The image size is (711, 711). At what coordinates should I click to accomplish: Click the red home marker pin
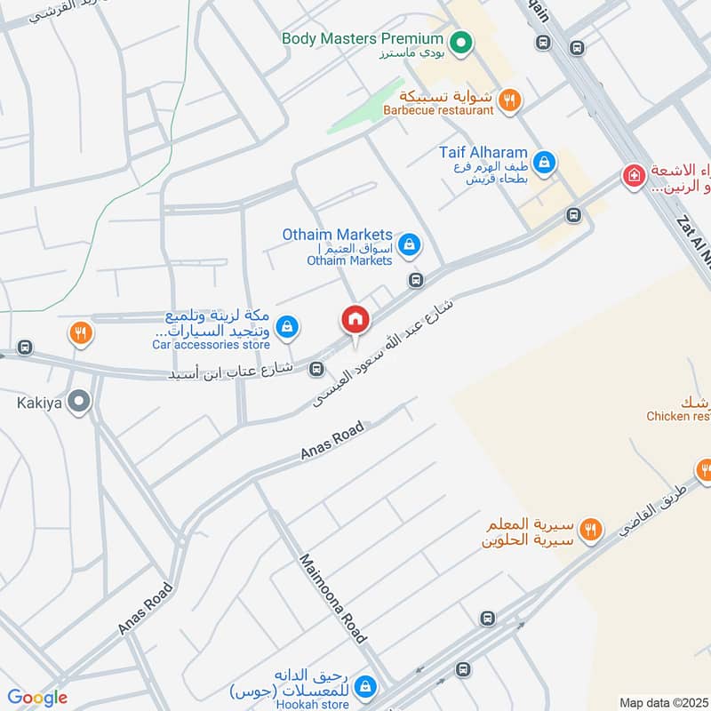click(355, 318)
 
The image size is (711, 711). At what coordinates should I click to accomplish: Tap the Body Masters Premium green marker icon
click(460, 41)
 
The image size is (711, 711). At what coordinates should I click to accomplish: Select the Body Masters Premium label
click(362, 39)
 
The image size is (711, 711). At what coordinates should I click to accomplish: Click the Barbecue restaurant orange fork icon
click(508, 100)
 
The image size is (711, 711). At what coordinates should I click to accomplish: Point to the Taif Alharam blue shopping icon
click(545, 163)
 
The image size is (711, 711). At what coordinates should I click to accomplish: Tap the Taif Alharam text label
click(483, 152)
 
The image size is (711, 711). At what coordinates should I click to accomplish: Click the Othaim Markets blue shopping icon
click(409, 244)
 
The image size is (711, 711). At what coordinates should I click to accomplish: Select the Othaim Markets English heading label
click(337, 234)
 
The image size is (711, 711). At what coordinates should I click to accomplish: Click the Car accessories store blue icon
click(286, 328)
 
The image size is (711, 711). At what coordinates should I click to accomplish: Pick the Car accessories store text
click(211, 343)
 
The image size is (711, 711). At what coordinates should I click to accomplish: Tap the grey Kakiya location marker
click(80, 403)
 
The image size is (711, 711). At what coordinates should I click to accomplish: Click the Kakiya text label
click(38, 402)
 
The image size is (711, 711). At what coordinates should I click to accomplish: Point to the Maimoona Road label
click(332, 598)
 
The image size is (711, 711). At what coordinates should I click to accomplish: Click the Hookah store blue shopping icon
click(364, 686)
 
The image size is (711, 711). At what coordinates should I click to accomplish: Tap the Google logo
click(37, 698)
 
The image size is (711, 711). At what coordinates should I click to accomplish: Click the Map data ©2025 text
click(663, 702)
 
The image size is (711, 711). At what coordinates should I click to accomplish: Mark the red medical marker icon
click(633, 175)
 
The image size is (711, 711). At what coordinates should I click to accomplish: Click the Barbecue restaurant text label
click(438, 111)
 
